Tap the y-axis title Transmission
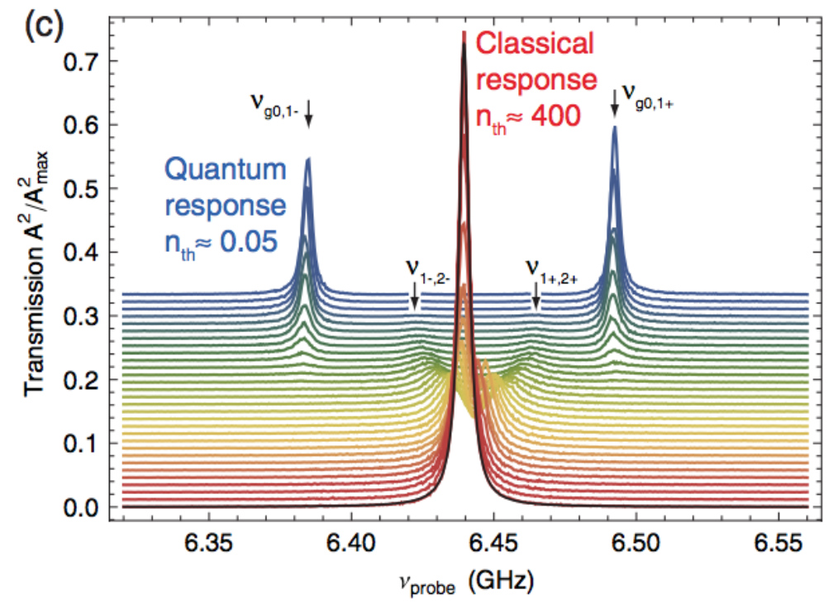38,273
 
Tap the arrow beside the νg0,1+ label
614,103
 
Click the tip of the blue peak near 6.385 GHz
308,159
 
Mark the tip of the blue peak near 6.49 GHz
614,126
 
